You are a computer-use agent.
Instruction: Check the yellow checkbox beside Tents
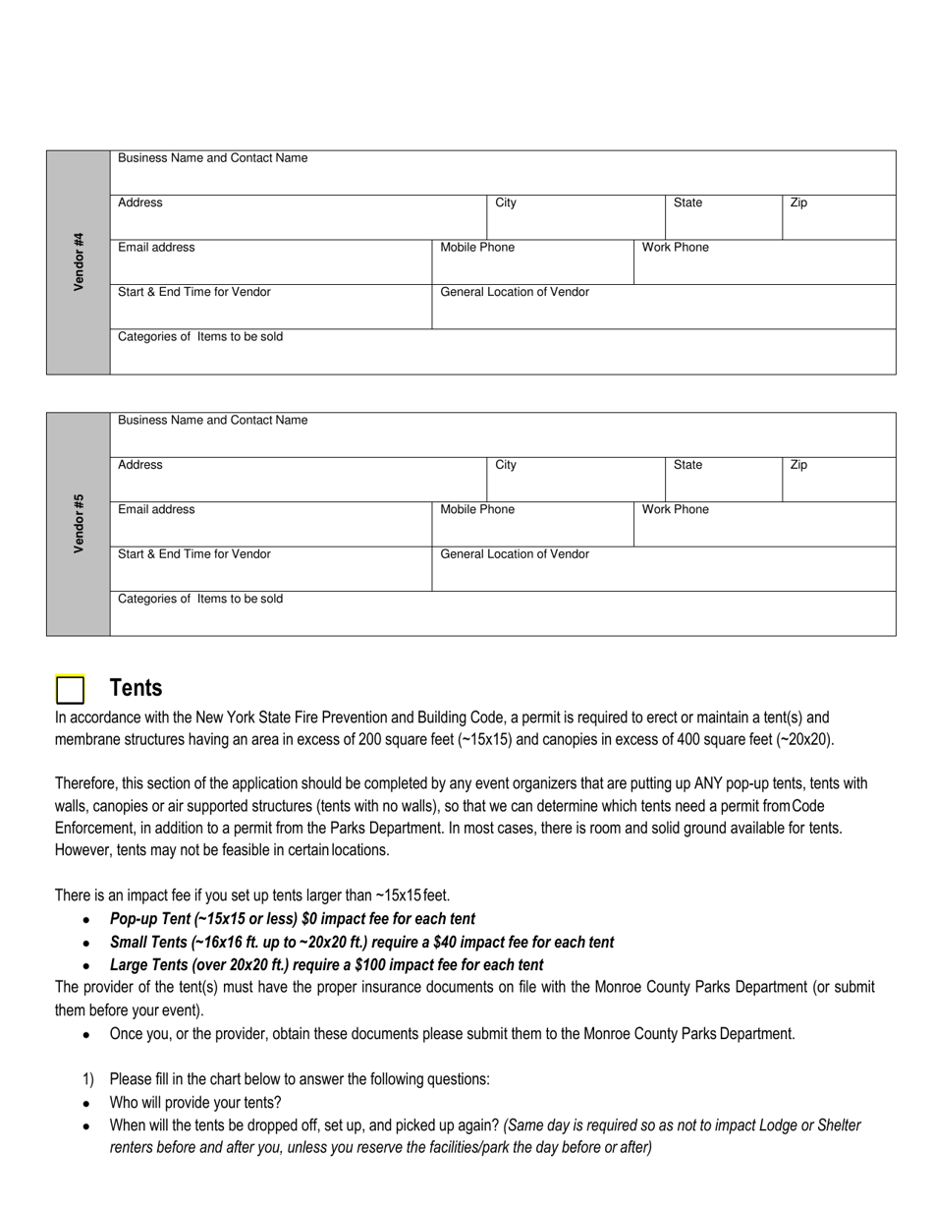(x=70, y=690)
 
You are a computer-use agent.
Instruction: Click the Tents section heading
(x=136, y=688)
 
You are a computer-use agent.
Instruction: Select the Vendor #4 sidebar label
(x=79, y=261)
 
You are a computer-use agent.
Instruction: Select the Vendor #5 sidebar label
(x=79, y=524)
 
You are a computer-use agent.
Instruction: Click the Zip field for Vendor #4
(x=838, y=217)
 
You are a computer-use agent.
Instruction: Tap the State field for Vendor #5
(x=723, y=479)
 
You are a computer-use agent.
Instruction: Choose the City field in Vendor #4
(x=576, y=217)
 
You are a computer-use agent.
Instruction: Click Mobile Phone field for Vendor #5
(x=532, y=524)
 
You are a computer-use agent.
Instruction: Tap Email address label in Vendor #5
(x=156, y=509)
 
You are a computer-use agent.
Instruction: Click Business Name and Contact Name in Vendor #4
(x=212, y=158)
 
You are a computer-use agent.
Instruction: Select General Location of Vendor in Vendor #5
(x=515, y=554)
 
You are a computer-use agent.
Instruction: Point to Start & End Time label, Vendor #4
(x=194, y=292)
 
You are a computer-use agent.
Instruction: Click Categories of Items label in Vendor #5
(x=200, y=599)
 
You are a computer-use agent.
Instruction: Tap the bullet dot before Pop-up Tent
(x=87, y=920)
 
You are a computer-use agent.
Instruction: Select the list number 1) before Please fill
(x=88, y=1079)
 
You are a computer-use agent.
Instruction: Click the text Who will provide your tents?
(x=195, y=1102)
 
